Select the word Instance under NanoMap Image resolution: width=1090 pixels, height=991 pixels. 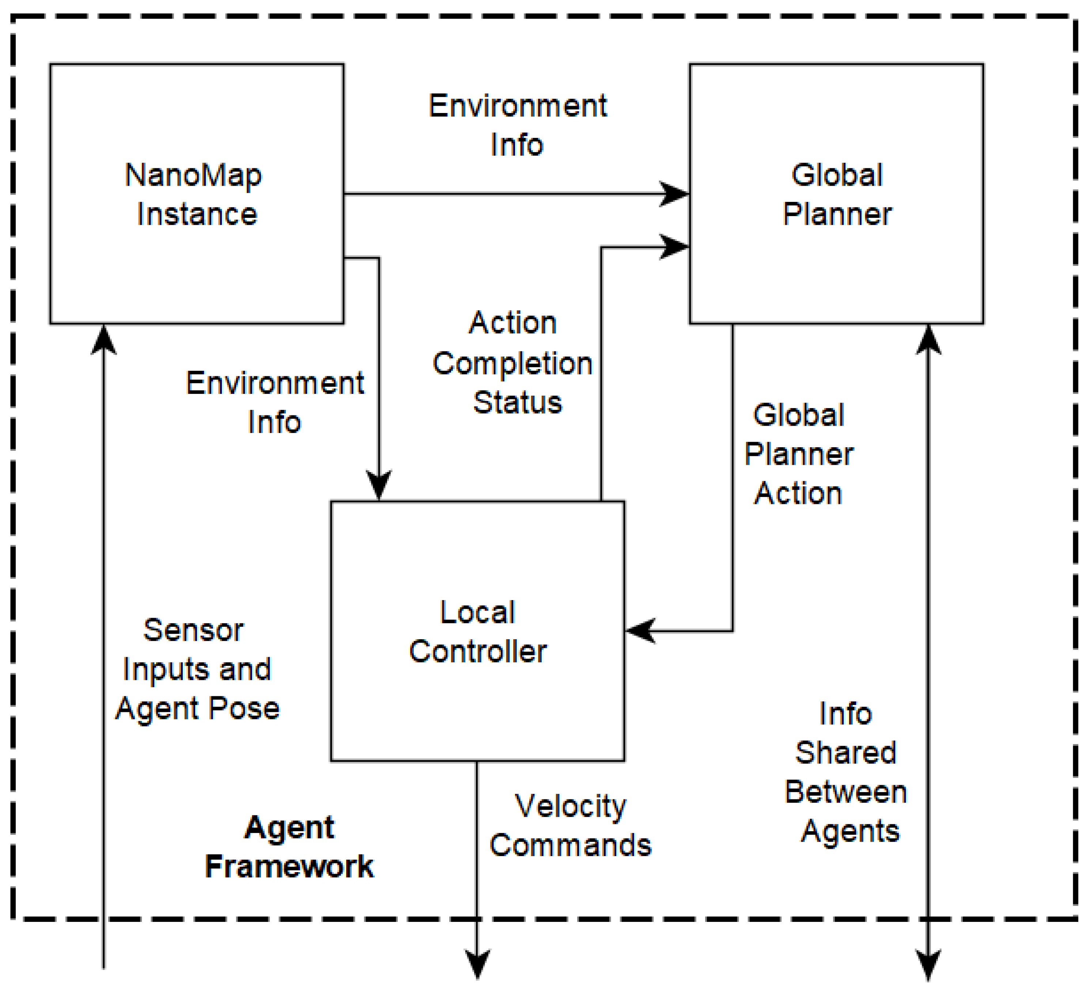[x=197, y=214]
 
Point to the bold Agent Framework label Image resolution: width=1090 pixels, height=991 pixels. [x=289, y=847]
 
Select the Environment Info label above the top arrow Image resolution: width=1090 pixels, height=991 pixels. [x=518, y=125]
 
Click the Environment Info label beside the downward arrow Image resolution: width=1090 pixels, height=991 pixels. [x=275, y=403]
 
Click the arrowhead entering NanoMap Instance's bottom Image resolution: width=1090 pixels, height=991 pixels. [x=103, y=338]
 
